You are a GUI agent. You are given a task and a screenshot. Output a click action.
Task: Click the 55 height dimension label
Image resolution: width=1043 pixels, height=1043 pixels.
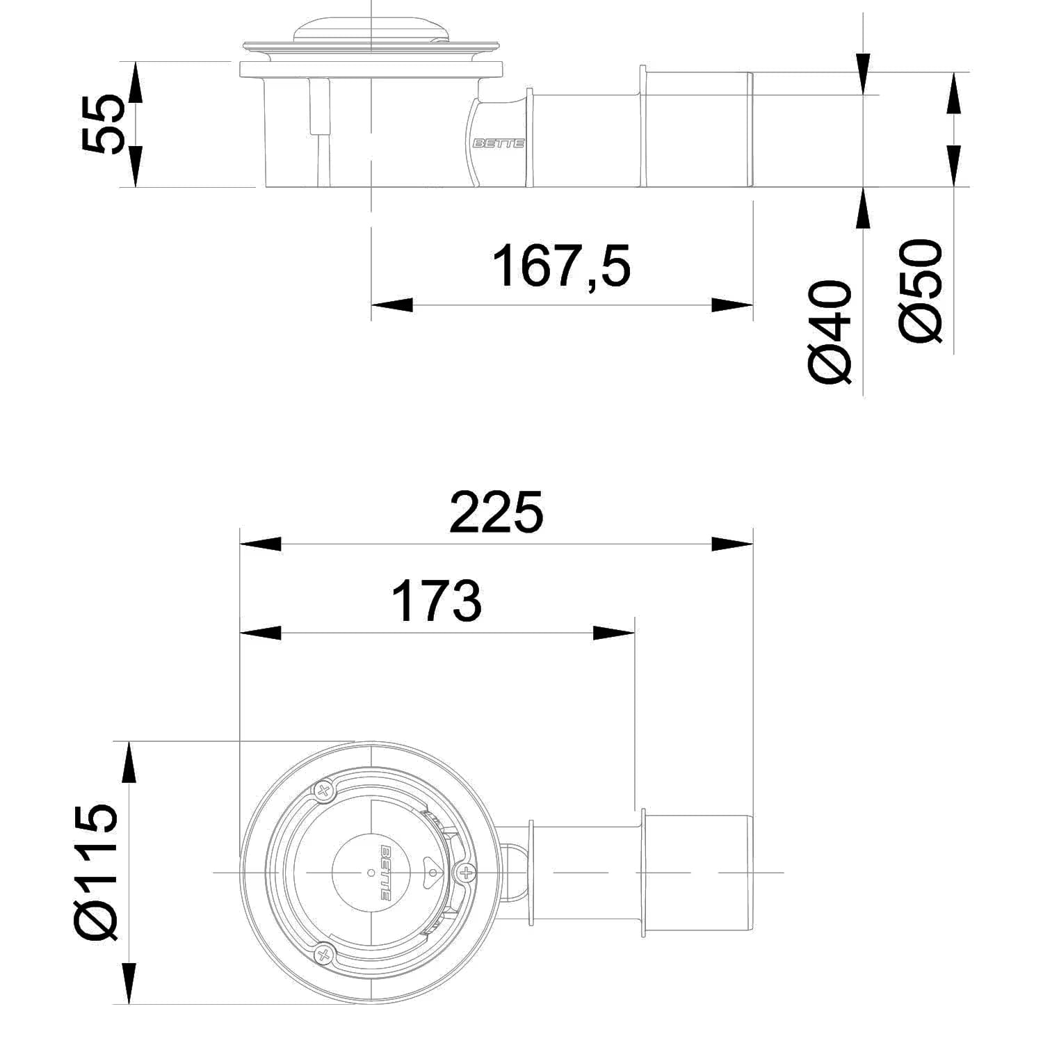click(103, 124)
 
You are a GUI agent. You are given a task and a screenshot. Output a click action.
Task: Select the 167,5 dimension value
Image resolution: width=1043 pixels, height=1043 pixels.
click(561, 266)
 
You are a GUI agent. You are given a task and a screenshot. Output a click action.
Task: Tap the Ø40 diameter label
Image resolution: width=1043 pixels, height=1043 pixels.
click(830, 332)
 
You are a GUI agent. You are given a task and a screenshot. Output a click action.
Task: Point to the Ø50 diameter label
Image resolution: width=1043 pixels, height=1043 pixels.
click(921, 291)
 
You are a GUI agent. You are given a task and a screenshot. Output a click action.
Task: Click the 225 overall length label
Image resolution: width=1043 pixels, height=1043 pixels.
click(496, 512)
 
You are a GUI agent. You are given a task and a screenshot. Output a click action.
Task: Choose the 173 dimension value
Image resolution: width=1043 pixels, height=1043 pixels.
click(437, 601)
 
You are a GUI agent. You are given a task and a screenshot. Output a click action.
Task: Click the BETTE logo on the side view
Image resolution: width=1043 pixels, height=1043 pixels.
click(499, 143)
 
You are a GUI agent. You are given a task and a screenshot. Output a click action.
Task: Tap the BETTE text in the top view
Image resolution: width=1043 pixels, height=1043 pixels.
click(385, 872)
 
